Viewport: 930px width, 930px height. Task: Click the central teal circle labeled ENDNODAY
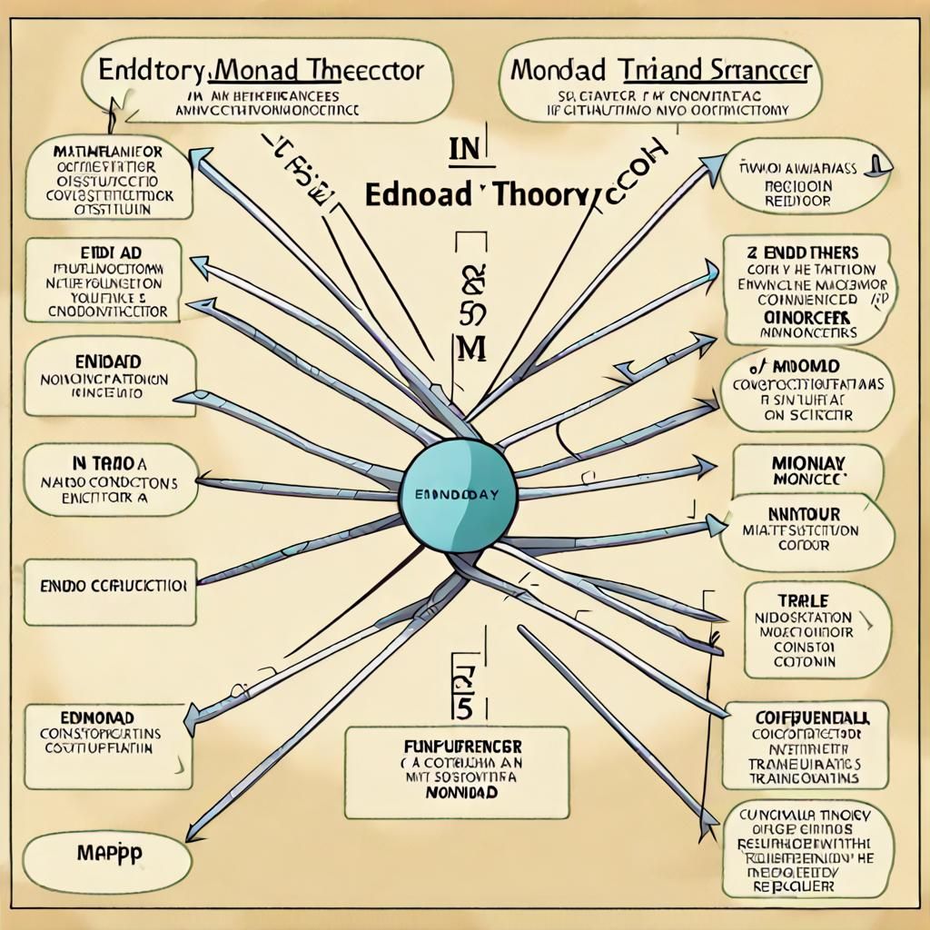(459, 495)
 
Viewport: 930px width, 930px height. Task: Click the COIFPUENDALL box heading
(805, 717)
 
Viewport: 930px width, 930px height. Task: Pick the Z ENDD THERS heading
(804, 252)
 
